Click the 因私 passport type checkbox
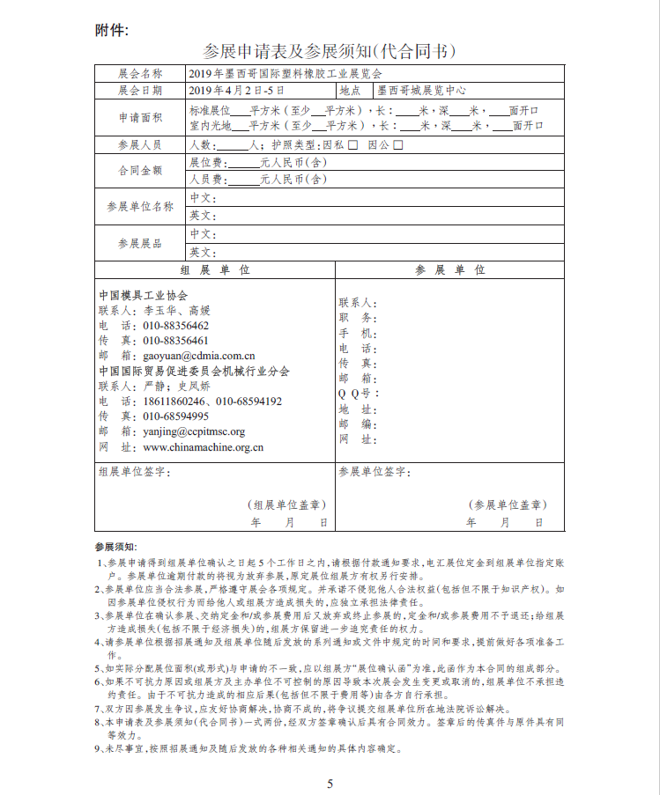point(353,144)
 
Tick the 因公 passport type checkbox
point(398,144)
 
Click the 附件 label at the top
point(112,30)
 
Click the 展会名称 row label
point(140,73)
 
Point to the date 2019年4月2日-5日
point(237,90)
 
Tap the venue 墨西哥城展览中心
point(421,90)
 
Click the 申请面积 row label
point(140,118)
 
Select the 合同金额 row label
point(140,171)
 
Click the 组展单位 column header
point(214,269)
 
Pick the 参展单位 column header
point(449,269)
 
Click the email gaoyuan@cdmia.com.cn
point(199,356)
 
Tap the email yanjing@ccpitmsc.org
point(194,431)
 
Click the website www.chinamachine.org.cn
point(204,446)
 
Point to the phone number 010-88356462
point(176,326)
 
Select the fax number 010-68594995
point(176,416)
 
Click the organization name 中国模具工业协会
point(143,295)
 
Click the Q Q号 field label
point(359,394)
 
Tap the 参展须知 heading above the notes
point(115,547)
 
